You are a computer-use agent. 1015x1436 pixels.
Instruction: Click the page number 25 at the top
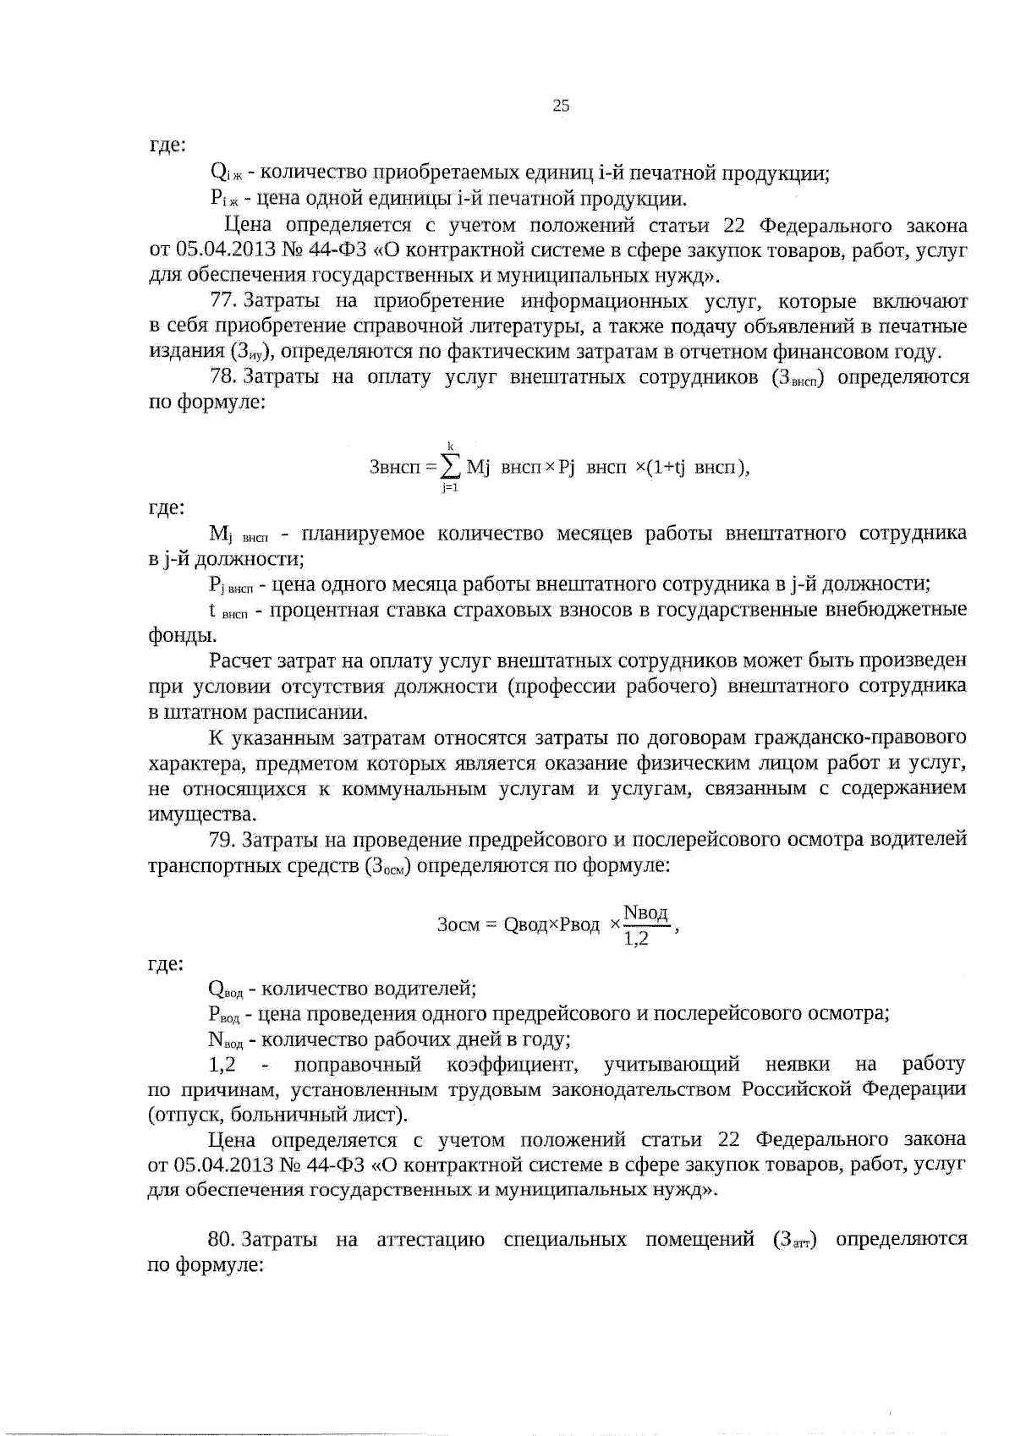point(561,106)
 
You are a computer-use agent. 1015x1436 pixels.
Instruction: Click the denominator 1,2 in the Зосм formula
point(635,939)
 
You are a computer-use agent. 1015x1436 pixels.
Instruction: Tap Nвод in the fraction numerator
point(645,913)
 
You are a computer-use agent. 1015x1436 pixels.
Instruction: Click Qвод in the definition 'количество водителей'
point(225,989)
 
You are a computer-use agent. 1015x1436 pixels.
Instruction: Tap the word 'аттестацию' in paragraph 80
point(430,1240)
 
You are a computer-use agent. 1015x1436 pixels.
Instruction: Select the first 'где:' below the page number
point(167,145)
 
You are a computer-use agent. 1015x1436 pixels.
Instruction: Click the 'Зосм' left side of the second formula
point(458,925)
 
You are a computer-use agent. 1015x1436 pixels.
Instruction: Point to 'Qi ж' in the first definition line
point(226,174)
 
